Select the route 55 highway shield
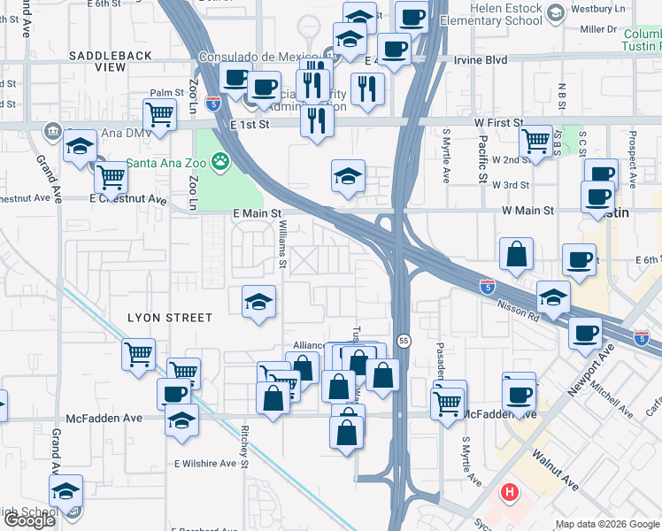pyautogui.click(x=404, y=340)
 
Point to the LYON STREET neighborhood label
pyautogui.click(x=170, y=318)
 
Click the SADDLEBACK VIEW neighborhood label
pyautogui.click(x=111, y=61)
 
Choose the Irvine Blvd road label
pyautogui.click(x=482, y=59)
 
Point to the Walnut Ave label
pyautogui.click(x=555, y=469)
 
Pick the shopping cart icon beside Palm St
pyautogui.click(x=159, y=114)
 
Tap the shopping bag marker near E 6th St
pyautogui.click(x=516, y=254)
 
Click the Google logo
pyautogui.click(x=28, y=520)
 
